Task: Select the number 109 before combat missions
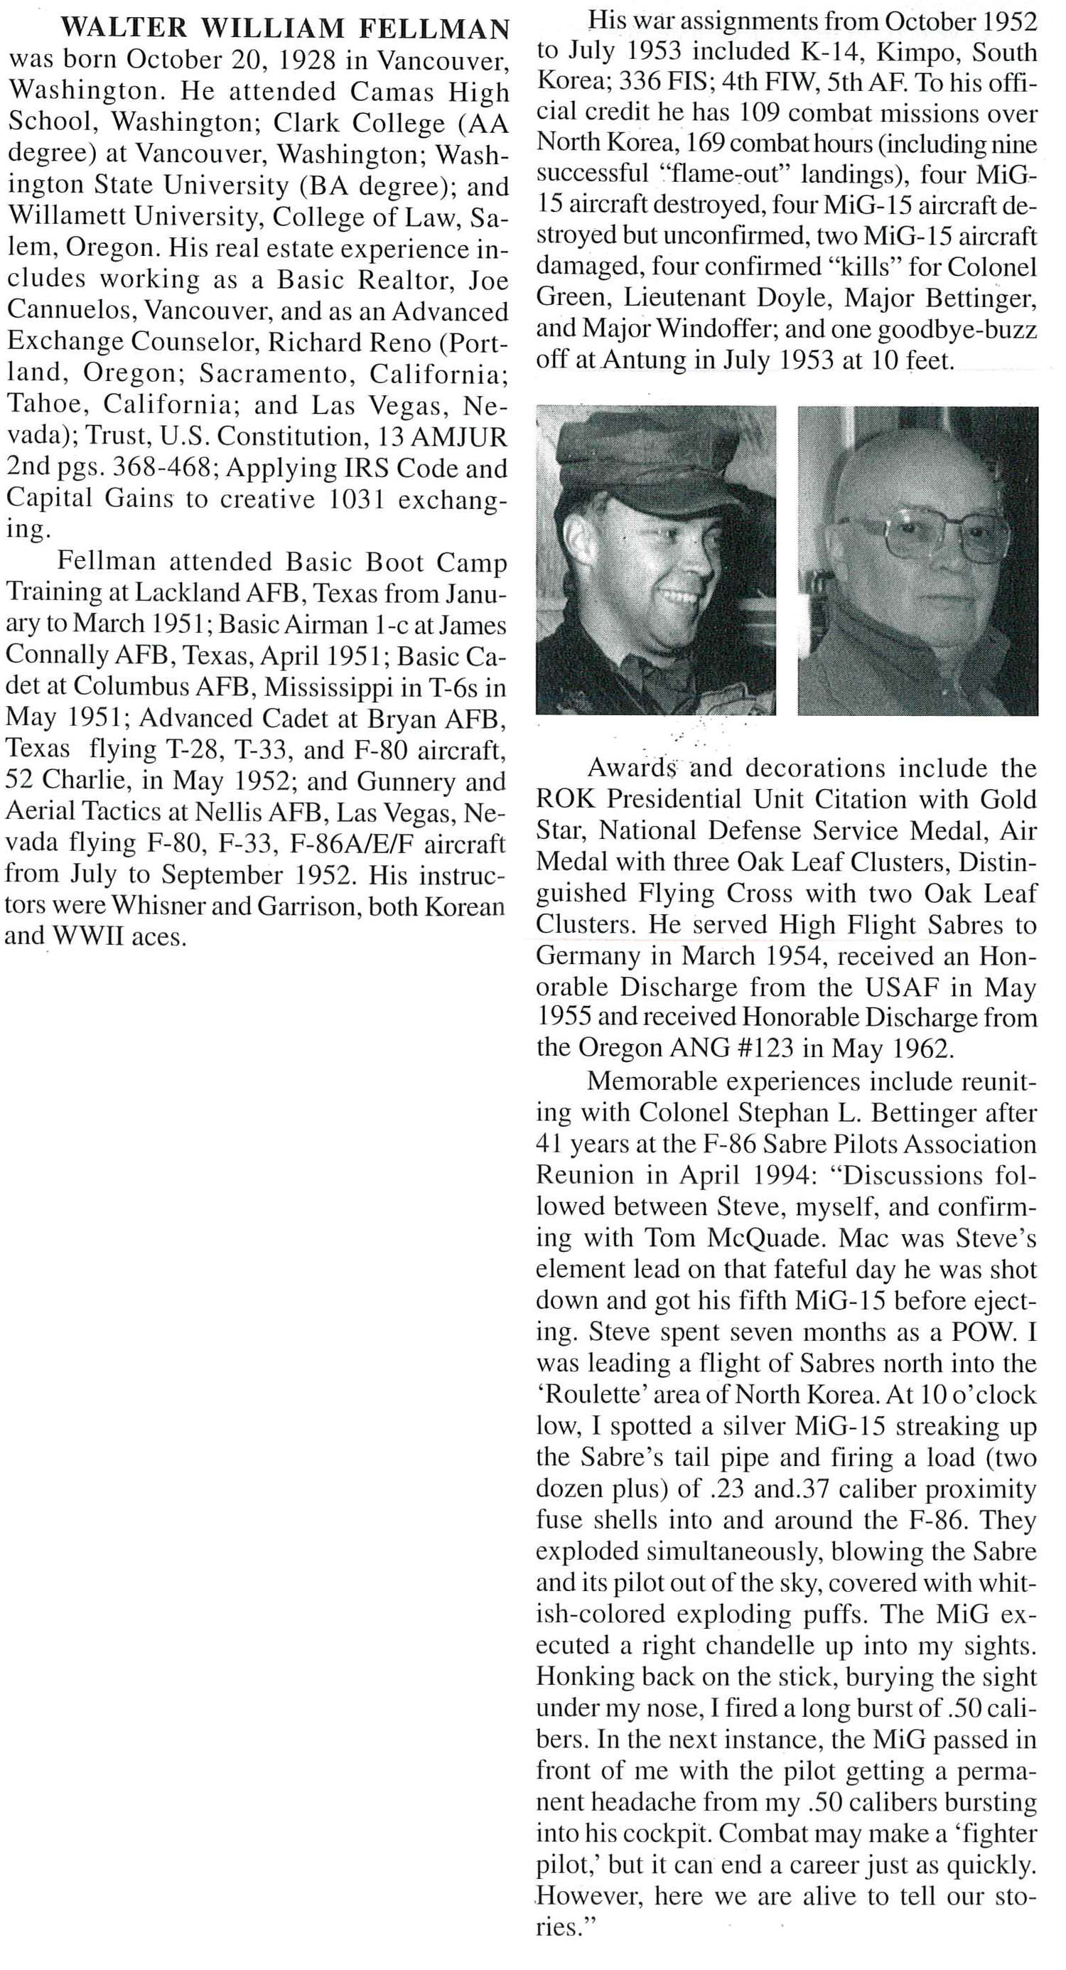[x=761, y=114]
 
